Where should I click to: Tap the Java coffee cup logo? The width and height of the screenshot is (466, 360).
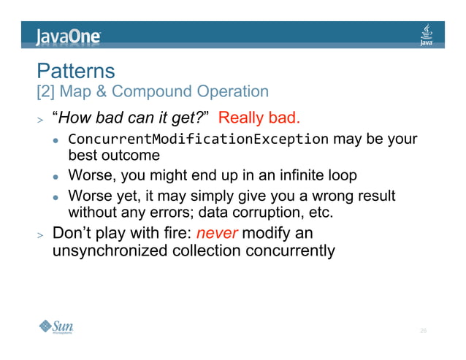point(427,34)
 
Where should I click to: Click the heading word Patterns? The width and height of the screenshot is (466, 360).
point(76,72)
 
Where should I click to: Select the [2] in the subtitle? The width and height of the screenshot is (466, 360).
point(46,92)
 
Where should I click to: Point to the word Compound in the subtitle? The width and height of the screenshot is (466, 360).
point(151,92)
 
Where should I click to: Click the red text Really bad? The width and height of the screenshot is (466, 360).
point(259,118)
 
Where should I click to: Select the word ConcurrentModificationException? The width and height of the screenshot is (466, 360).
point(198,139)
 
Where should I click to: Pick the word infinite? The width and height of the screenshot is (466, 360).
point(303,176)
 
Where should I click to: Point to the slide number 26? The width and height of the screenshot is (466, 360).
point(423,332)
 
